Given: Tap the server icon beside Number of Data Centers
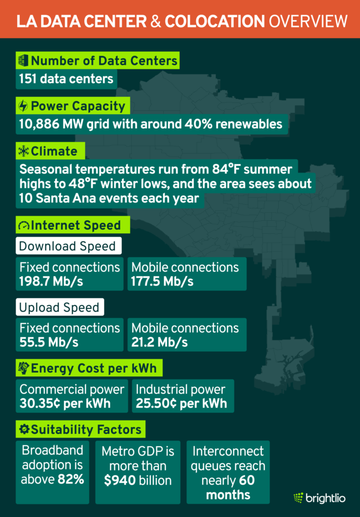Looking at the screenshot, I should coord(23,61).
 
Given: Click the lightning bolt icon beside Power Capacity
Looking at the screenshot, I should coord(23,106).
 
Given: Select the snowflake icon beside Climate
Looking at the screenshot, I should coord(23,151).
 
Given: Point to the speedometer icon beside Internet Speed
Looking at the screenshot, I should coord(23,225).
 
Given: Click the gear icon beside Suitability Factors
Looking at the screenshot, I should coord(23,429).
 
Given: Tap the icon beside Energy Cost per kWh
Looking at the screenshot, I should coord(23,368).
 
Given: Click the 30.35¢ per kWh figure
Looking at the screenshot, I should coord(65,403).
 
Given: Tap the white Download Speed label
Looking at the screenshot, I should coord(67,247).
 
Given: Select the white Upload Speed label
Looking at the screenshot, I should coord(58,307).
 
